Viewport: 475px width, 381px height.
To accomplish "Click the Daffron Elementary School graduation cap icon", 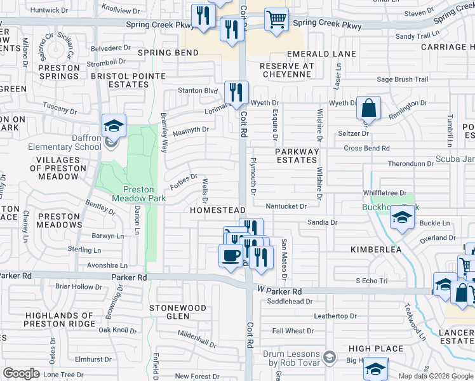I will pyautogui.click(x=114, y=126).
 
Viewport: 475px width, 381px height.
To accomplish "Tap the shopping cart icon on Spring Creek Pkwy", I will pyautogui.click(x=276, y=20).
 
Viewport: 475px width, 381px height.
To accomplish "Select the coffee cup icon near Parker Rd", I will pyautogui.click(x=230, y=255).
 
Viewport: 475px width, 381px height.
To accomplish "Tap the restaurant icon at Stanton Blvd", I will pyautogui.click(x=236, y=93).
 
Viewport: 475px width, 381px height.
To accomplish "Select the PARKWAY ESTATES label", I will pyautogui.click(x=296, y=156).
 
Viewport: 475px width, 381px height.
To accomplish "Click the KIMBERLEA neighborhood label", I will pyautogui.click(x=376, y=250).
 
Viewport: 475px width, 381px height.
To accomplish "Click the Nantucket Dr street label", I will pyautogui.click(x=286, y=206).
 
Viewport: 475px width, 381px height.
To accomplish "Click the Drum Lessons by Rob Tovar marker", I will pyautogui.click(x=330, y=359).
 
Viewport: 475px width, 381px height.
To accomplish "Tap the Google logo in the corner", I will pyautogui.click(x=21, y=373).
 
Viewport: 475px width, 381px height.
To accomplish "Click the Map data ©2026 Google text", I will pyautogui.click(x=436, y=376).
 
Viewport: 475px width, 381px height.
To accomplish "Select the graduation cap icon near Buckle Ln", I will pyautogui.click(x=401, y=218).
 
